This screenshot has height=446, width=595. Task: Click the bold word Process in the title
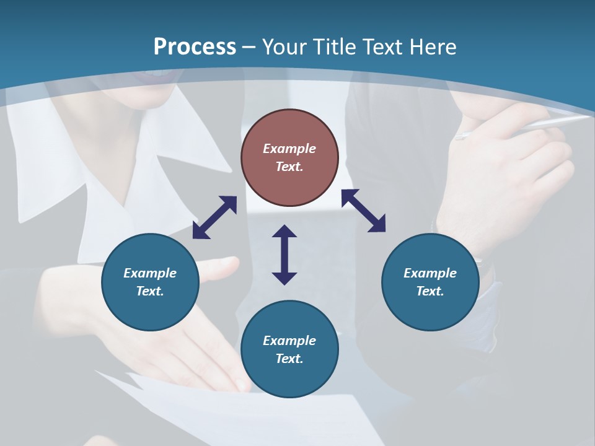(195, 47)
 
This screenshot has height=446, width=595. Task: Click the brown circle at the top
(289, 157)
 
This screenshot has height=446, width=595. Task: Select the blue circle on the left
(150, 282)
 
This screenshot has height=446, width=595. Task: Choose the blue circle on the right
(430, 282)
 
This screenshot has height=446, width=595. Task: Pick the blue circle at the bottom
(289, 349)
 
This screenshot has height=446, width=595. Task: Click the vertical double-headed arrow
(284, 255)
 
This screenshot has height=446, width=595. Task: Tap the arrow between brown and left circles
(214, 217)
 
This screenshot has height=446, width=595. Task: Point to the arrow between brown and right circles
(363, 211)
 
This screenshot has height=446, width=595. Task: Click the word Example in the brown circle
(289, 149)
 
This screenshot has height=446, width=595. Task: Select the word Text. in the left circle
(150, 291)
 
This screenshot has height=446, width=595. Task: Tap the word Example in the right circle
(430, 273)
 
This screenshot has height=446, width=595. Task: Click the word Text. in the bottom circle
(289, 359)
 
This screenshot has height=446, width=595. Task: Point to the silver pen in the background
(527, 126)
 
